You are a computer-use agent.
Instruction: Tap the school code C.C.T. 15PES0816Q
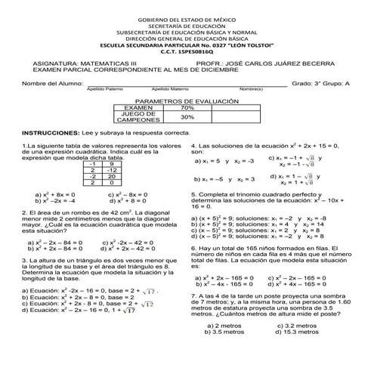(x=186, y=54)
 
